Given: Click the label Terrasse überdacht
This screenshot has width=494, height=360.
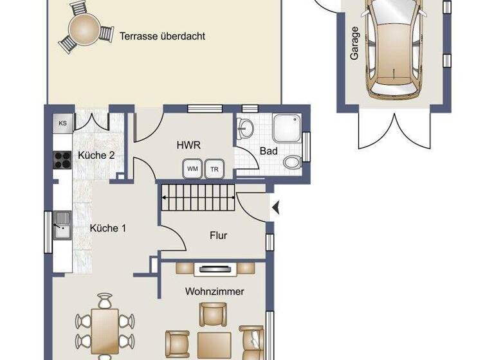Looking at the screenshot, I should click(x=162, y=36).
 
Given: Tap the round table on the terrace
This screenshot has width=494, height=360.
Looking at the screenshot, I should click(x=84, y=28).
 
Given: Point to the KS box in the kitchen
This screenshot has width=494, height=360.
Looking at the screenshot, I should click(x=62, y=123).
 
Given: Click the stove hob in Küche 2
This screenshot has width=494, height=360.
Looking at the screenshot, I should click(x=62, y=159).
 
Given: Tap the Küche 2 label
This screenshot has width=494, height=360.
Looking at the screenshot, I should click(x=96, y=155).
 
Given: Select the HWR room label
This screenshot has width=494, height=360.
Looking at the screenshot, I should click(x=189, y=145).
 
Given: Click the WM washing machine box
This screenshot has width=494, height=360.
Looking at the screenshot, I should click(x=192, y=168).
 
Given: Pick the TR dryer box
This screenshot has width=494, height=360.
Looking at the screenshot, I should click(x=214, y=168).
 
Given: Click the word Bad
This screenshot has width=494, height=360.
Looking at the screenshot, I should click(x=268, y=151).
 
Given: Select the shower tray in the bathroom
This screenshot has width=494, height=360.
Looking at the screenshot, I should click(x=287, y=129).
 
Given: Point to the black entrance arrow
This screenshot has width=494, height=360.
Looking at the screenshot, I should click(x=275, y=208).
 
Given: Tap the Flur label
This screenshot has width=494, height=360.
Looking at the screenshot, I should click(x=219, y=235).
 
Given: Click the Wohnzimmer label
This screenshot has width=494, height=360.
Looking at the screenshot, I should click(x=215, y=291).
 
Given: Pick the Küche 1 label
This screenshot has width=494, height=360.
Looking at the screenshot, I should click(x=104, y=228).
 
